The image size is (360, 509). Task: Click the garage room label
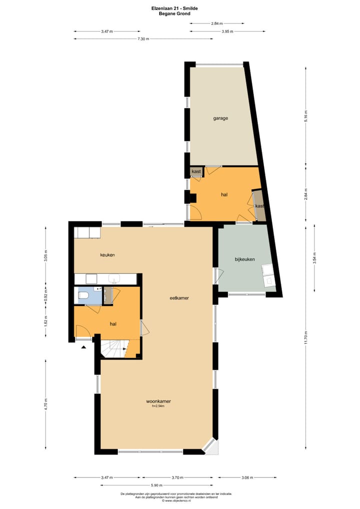tap(220, 118)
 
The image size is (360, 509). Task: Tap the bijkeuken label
tap(245, 259)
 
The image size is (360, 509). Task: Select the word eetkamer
tap(178, 297)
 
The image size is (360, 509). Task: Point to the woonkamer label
tap(158, 401)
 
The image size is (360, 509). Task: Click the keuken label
tap(107, 255)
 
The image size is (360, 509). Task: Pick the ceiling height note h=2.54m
tap(158, 406)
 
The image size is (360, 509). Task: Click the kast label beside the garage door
tap(196, 171)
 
